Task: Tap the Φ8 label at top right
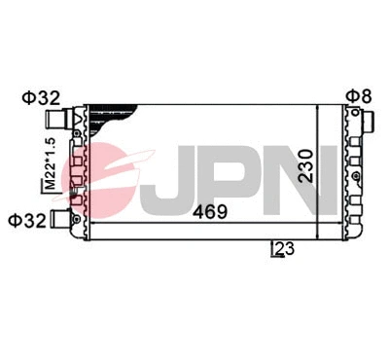[357, 95]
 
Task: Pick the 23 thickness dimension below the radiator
[282, 249]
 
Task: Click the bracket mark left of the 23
[273, 250]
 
